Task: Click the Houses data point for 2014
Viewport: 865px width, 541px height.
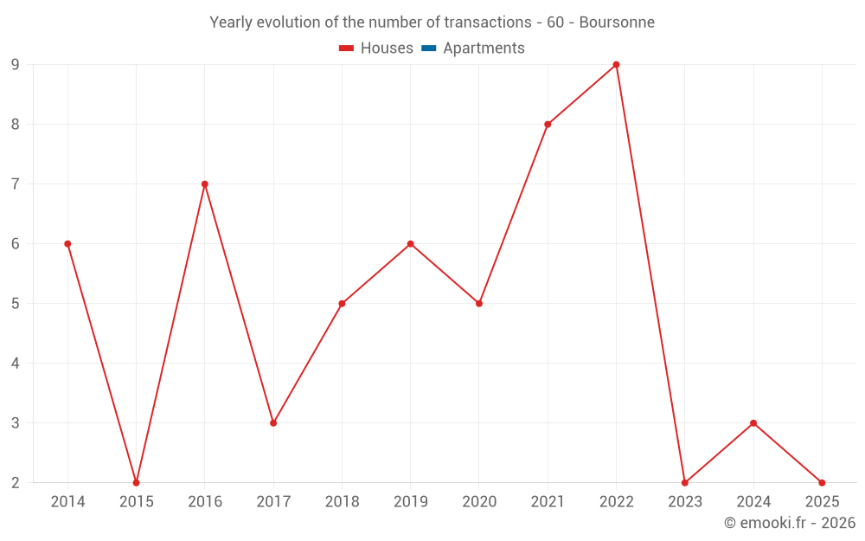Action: coord(67,244)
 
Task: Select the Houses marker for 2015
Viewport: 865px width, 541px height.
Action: coord(136,483)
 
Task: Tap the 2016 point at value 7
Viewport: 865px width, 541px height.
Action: coord(205,184)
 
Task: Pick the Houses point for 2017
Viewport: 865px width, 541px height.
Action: coord(273,423)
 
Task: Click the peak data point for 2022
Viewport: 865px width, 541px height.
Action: coord(616,65)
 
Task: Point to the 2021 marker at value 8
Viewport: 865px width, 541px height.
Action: coord(548,125)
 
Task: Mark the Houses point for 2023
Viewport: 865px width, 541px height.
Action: coord(684,483)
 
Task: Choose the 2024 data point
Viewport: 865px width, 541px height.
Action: coord(753,423)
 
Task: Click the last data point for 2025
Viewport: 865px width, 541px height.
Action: coord(822,483)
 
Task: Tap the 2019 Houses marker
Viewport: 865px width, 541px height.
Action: coord(411,244)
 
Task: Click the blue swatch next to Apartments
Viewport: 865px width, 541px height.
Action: coord(429,48)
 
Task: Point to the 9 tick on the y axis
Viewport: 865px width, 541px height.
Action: coord(15,65)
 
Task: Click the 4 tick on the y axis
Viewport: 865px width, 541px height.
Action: coord(15,364)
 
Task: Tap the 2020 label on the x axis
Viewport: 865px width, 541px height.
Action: coord(479,502)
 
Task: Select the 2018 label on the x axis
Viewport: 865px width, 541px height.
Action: coord(342,502)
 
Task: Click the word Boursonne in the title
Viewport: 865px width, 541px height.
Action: coord(617,22)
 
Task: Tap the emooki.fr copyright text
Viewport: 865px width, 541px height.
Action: coord(790,523)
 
